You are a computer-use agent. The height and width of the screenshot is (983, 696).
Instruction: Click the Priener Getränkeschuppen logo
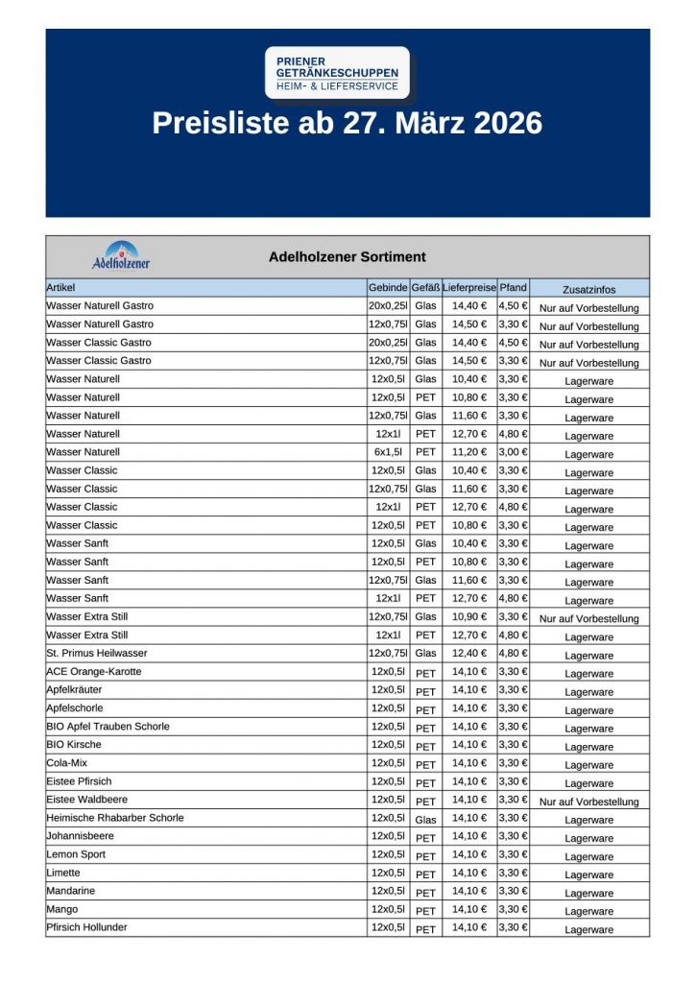pos(337,73)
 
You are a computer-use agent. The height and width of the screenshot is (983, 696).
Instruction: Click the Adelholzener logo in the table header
pos(121,256)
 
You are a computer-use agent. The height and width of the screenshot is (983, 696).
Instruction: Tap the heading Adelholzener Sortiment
pos(347,257)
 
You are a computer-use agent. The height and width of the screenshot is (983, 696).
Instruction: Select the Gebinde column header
pos(388,288)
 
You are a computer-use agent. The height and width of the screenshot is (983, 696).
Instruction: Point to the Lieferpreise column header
pos(469,288)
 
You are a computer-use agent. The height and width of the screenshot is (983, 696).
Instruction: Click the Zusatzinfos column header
pos(588,289)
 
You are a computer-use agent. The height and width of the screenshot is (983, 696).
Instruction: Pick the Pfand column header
pos(514,288)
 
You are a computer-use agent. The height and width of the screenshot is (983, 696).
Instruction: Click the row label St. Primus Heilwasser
pos(96,654)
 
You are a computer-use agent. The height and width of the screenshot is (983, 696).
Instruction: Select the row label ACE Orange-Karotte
pos(94,672)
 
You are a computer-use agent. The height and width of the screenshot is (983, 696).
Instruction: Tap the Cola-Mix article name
pos(66,763)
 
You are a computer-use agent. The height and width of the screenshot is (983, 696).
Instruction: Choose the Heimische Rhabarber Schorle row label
pos(115,818)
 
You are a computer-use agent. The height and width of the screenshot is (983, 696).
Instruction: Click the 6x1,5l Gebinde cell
pos(388,452)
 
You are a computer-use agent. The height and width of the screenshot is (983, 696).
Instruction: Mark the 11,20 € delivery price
pos(469,452)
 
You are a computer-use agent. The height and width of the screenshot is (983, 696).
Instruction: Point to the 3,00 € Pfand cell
pos(514,452)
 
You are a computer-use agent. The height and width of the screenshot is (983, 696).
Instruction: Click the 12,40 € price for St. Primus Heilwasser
pos(469,654)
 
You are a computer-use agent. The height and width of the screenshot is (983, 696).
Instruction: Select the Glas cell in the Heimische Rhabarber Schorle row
pos(425,819)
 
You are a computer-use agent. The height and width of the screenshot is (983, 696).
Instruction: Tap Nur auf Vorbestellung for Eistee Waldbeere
pos(588,802)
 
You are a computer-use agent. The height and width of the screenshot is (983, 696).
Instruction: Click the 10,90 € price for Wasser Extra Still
pos(469,617)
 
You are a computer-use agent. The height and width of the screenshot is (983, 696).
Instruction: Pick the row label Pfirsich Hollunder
pos(87,927)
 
